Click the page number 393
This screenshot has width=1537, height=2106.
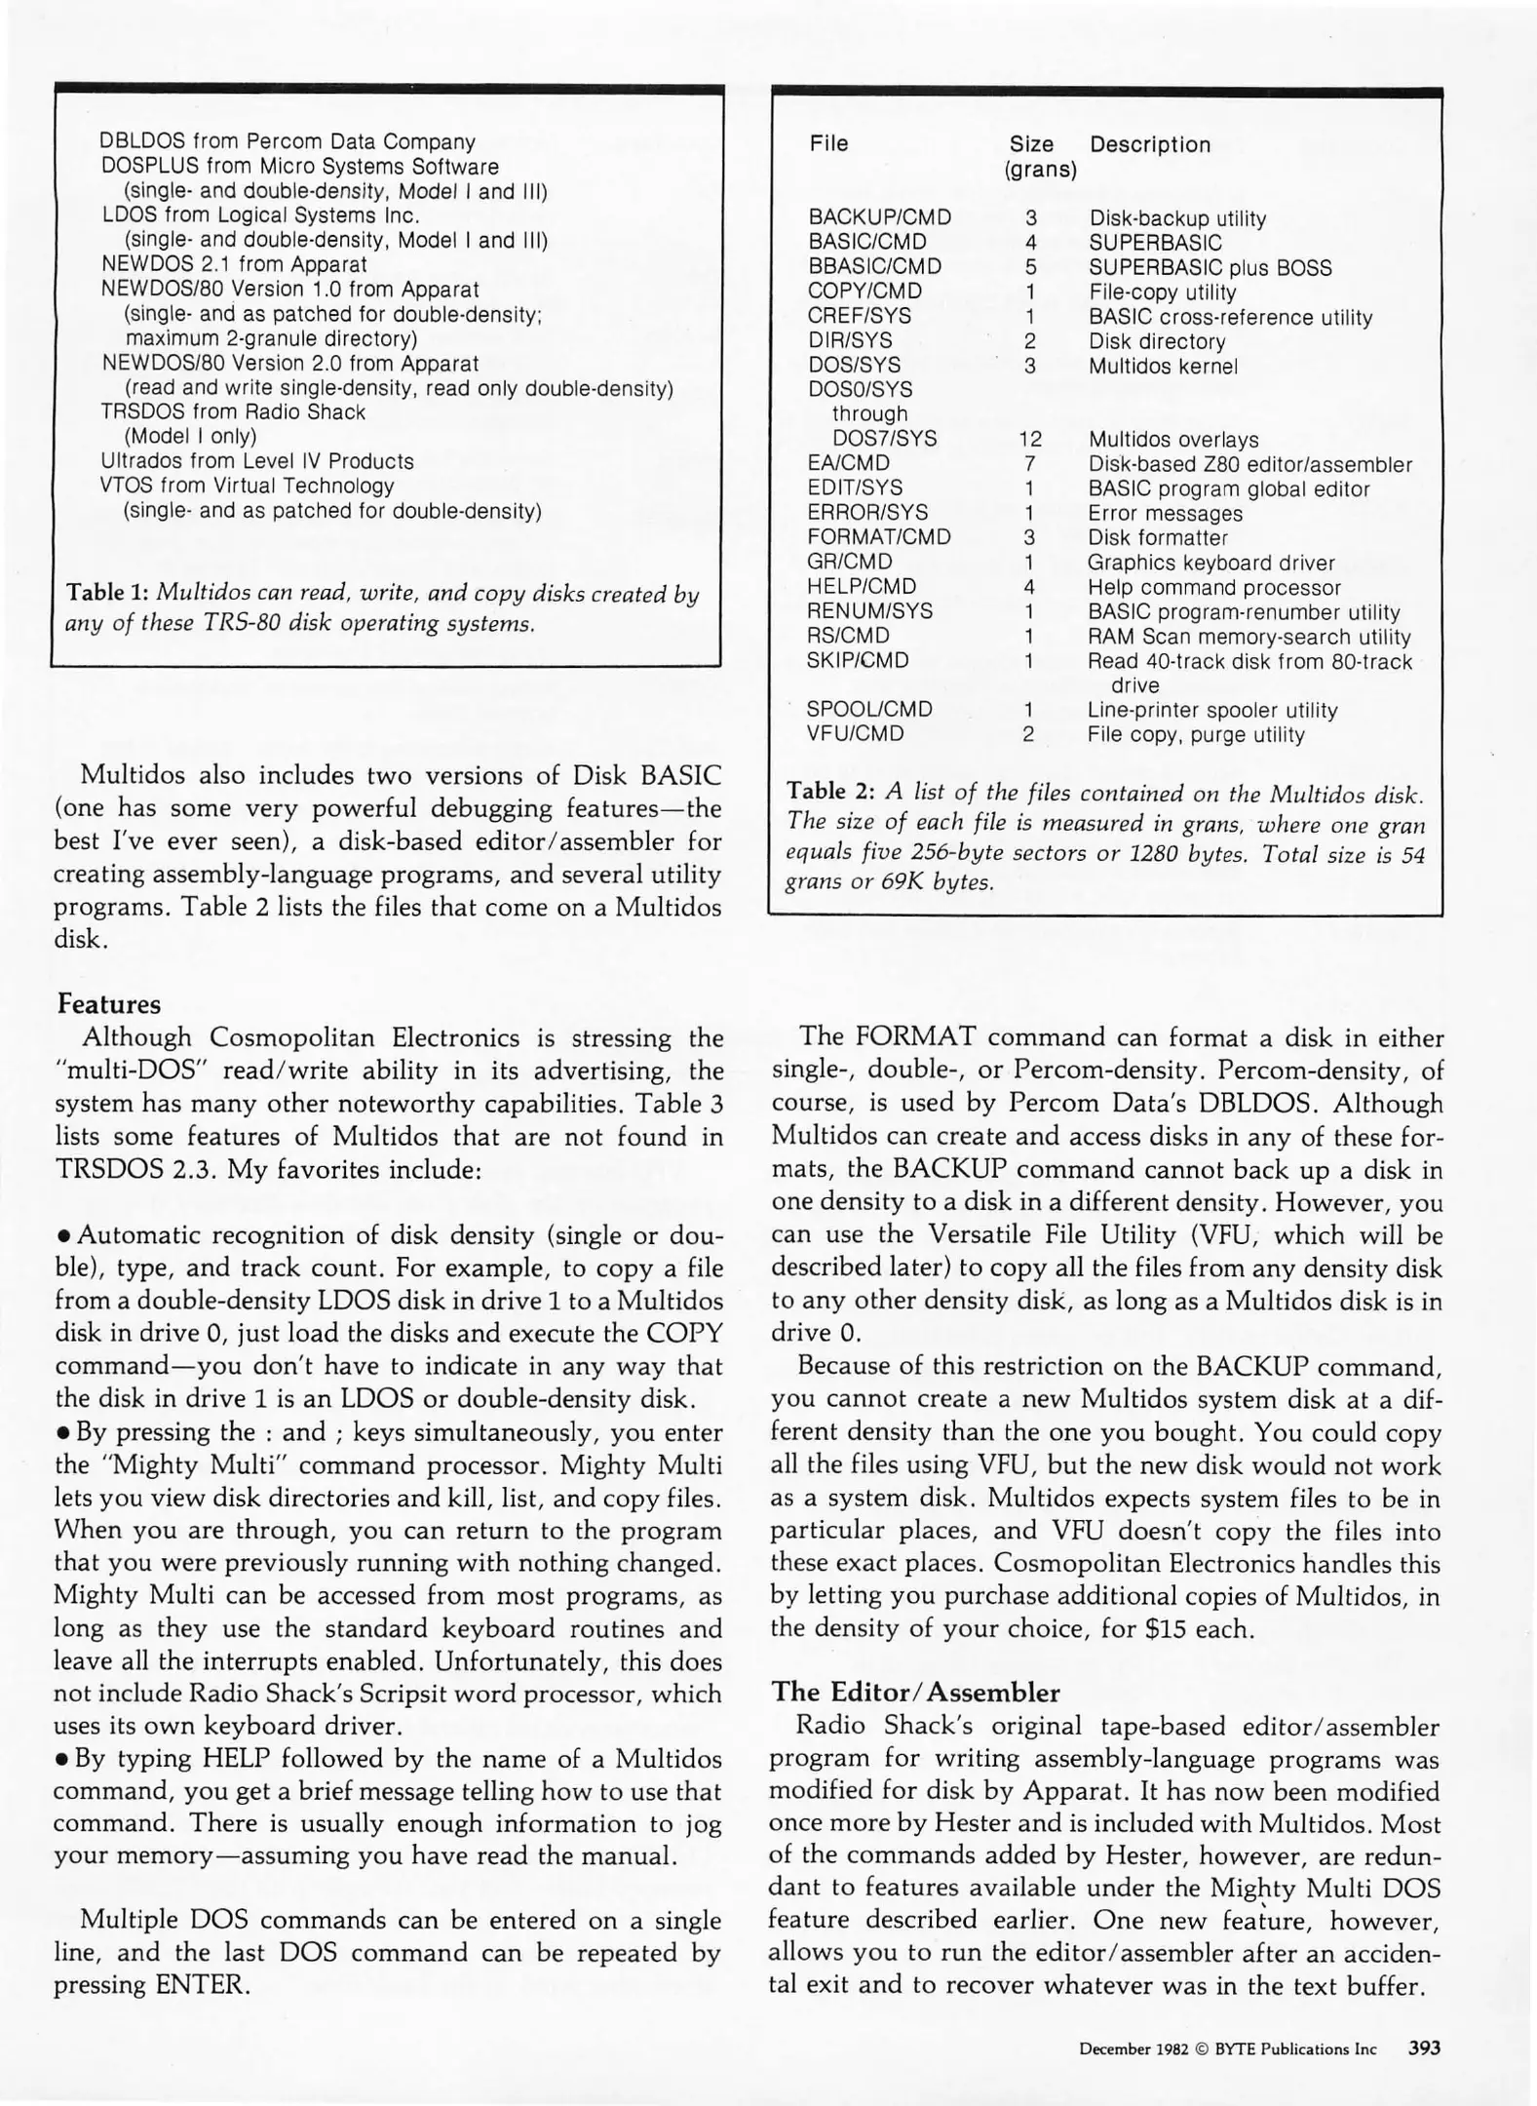click(x=1424, y=2048)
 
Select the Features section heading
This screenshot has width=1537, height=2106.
click(x=109, y=1004)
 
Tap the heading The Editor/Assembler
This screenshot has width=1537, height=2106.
click(x=915, y=1692)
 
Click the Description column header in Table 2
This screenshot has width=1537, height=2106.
click(x=1149, y=145)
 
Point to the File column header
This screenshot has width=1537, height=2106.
click(x=828, y=144)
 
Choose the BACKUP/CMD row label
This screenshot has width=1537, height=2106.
click(x=879, y=217)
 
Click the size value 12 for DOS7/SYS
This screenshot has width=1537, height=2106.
click(x=1029, y=440)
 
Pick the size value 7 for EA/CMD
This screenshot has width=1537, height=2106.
click(x=1029, y=464)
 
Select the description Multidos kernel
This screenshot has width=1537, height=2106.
click(x=1163, y=367)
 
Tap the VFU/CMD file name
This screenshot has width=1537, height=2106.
click(x=855, y=733)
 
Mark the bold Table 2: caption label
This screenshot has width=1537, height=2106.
click(x=829, y=791)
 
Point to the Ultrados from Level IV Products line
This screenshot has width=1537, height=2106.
click(x=257, y=461)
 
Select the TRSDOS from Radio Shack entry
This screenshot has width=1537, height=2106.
click(x=233, y=412)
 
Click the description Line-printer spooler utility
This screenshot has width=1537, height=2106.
click(x=1211, y=710)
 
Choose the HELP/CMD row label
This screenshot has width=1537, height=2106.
click(x=862, y=587)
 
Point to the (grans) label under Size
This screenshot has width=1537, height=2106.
click(x=1040, y=171)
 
